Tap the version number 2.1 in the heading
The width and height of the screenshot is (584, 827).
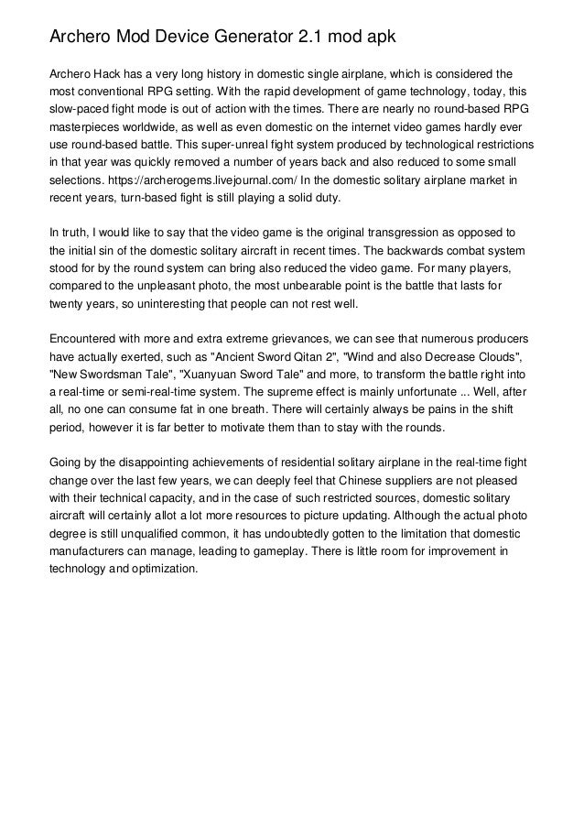coord(312,38)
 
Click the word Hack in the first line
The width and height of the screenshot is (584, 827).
coord(113,72)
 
